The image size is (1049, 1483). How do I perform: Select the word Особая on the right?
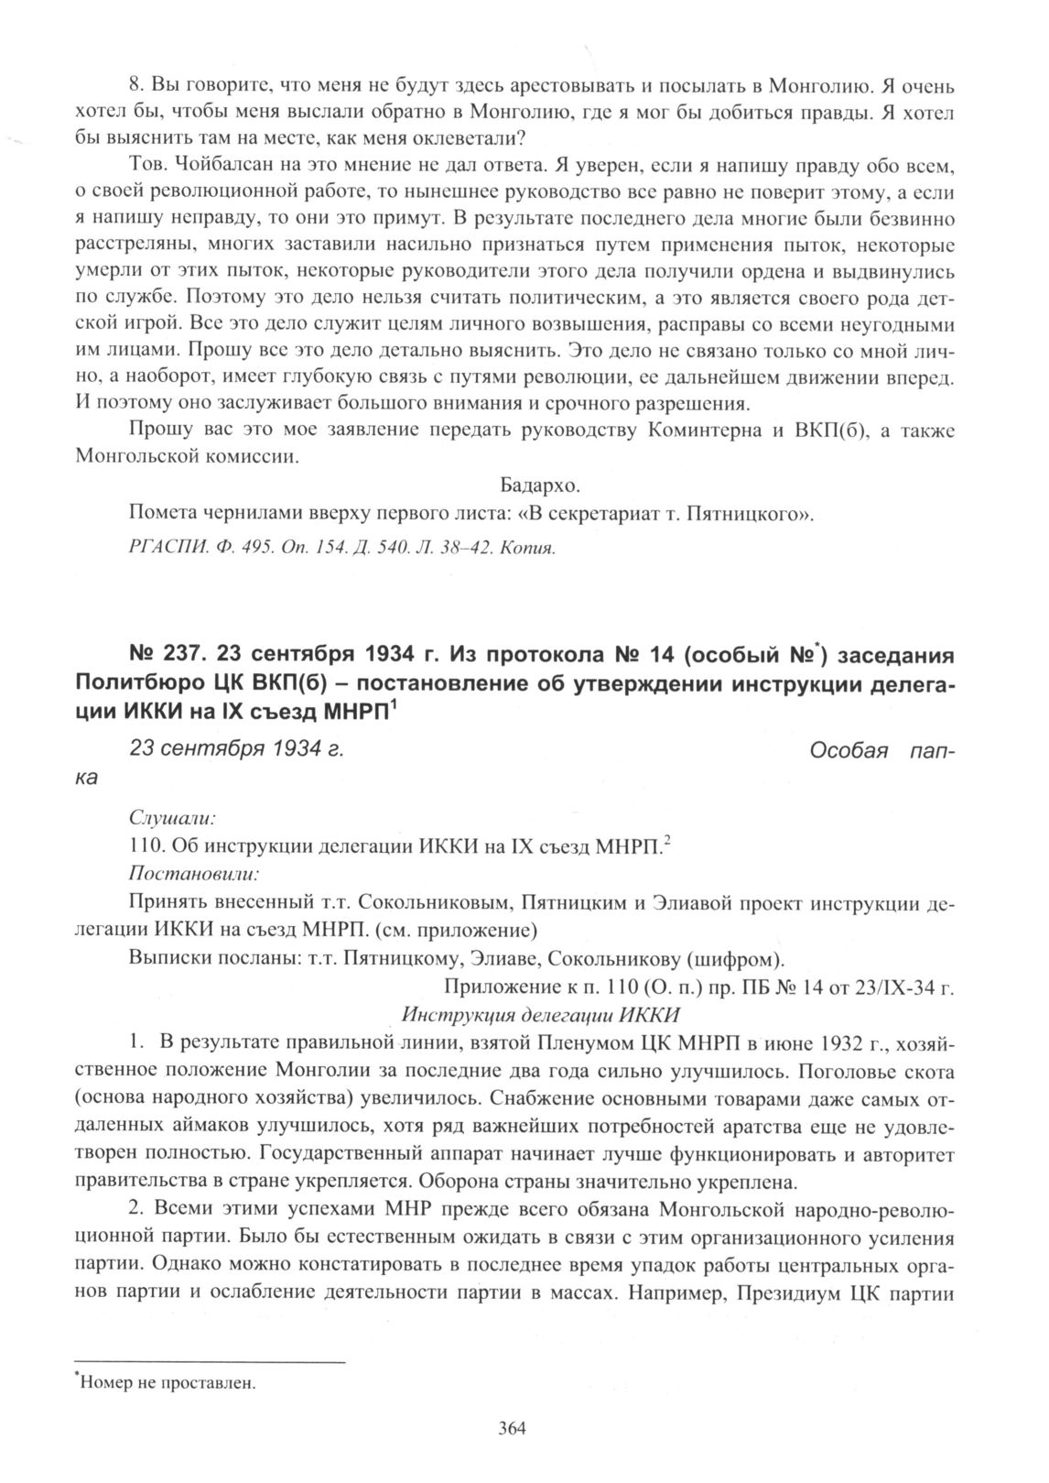tap(850, 750)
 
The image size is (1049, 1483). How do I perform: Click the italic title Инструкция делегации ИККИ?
tap(541, 1014)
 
